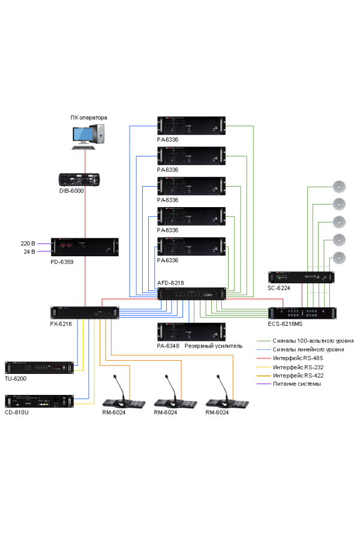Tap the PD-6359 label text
[x=62, y=262]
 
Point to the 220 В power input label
[x=28, y=244]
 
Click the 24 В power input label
[x=28, y=251]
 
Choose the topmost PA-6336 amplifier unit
[x=191, y=125]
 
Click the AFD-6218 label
[x=171, y=283]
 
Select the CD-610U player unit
[x=39, y=401]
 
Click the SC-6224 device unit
[x=301, y=277]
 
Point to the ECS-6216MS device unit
[x=301, y=313]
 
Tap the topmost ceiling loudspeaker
[x=340, y=185]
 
